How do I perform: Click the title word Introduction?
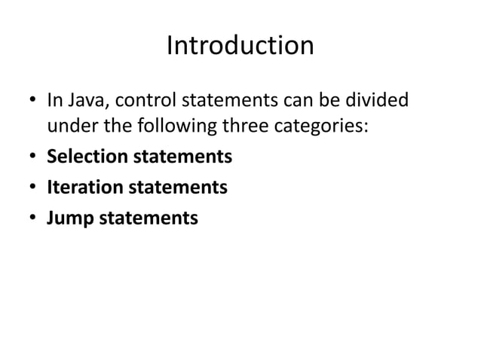point(240,47)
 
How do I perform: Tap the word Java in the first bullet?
point(84,99)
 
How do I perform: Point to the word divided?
point(378,99)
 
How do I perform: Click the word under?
point(69,128)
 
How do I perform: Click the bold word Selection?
point(87,158)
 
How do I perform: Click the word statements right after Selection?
point(182,158)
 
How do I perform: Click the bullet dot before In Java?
point(31,100)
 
